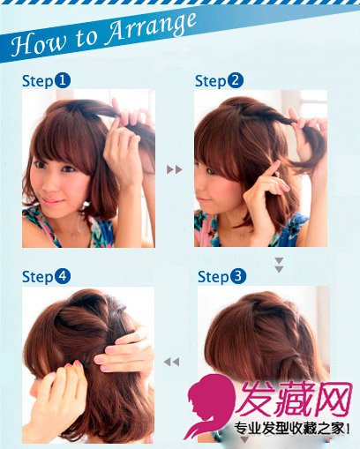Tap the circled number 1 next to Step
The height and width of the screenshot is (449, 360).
[63, 80]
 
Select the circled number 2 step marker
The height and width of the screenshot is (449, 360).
[236, 80]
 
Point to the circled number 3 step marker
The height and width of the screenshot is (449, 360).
[238, 276]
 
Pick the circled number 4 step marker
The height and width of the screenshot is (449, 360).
[63, 277]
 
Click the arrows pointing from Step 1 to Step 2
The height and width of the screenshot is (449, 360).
[174, 169]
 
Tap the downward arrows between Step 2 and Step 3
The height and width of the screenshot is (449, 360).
[279, 265]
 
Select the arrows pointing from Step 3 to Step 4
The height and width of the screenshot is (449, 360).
[171, 362]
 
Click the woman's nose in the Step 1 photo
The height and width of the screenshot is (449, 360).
[50, 183]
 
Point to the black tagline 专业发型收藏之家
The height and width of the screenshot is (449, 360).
[289, 430]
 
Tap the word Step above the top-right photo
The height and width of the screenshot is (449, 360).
[210, 81]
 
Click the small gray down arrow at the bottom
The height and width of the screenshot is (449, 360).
[244, 440]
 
